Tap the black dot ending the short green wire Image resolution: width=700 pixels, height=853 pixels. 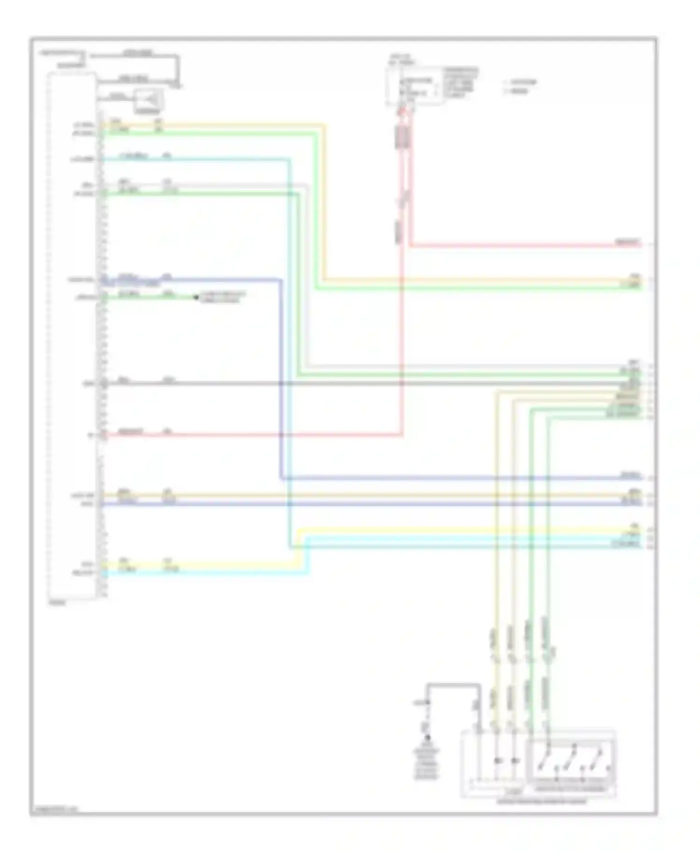click(196, 297)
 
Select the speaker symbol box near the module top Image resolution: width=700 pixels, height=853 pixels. click(148, 100)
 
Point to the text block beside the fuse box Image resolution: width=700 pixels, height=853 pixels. click(460, 82)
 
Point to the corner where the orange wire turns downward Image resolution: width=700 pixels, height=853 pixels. click(324, 125)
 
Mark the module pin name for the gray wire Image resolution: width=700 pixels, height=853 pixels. click(88, 384)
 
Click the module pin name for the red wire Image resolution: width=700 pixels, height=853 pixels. click(91, 435)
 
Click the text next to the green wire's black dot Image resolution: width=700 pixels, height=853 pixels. click(222, 297)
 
